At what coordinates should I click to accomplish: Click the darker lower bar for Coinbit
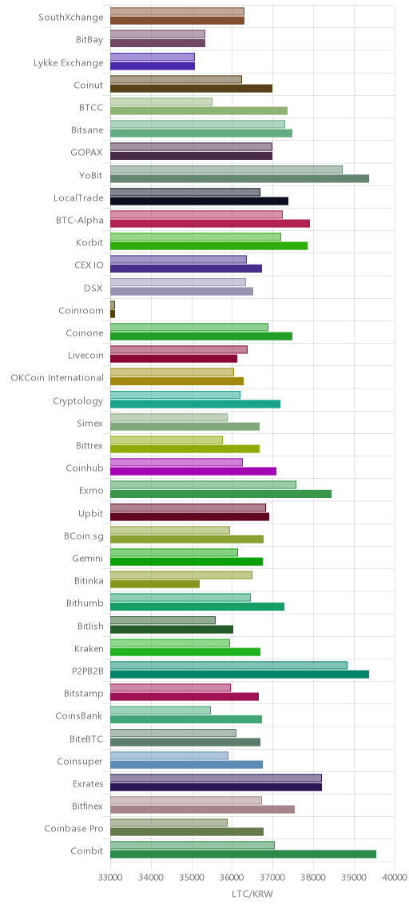tap(243, 854)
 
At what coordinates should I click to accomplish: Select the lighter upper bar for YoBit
tap(226, 169)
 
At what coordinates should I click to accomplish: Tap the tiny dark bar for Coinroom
tap(112, 314)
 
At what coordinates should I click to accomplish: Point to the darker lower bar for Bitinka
tap(154, 583)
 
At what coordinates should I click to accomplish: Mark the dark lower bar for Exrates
tap(216, 787)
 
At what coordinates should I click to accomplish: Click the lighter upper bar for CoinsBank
tap(161, 710)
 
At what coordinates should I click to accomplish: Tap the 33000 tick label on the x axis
tap(110, 878)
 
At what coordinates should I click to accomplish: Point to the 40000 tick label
tap(395, 878)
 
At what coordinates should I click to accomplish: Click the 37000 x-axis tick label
tap(273, 878)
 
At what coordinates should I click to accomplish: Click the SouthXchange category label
tap(70, 18)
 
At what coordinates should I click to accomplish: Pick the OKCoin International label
tap(58, 377)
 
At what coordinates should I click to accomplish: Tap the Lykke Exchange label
tap(68, 62)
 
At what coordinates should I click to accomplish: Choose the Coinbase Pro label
tap(74, 829)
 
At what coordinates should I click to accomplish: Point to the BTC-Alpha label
tap(80, 220)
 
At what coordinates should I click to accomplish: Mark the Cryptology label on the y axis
tap(78, 400)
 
